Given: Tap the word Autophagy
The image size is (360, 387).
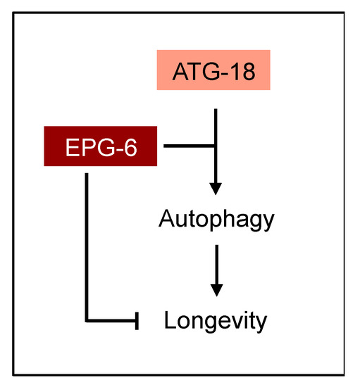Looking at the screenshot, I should [216, 220].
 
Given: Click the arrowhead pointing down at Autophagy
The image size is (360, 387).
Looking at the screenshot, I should [216, 188].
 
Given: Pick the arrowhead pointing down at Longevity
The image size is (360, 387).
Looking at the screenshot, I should [216, 289].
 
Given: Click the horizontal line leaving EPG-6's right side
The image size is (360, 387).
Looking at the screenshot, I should [189, 146].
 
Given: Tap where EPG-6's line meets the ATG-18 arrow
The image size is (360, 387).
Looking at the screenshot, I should [216, 146].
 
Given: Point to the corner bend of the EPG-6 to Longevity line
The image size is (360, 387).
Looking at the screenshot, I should [86, 322].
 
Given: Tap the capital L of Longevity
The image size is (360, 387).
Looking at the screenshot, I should [170, 320].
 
